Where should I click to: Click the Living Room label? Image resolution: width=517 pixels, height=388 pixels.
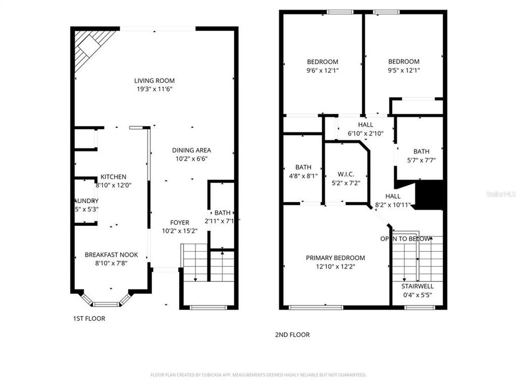click(x=154, y=85)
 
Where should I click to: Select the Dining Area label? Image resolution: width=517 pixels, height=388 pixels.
click(x=191, y=154)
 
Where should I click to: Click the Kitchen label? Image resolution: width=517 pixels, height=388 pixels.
click(x=114, y=181)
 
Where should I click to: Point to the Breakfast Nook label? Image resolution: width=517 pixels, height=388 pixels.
click(x=111, y=259)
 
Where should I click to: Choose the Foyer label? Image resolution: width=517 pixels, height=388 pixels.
click(x=179, y=226)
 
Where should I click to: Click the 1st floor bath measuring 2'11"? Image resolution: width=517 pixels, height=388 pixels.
click(x=221, y=217)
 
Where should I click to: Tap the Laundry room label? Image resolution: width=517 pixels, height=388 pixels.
click(x=86, y=205)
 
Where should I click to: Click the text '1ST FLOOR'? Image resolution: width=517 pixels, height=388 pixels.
click(x=89, y=318)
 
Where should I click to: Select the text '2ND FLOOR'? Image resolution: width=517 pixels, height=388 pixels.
click(x=292, y=335)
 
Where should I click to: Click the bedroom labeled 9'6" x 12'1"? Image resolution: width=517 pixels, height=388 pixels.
click(x=323, y=66)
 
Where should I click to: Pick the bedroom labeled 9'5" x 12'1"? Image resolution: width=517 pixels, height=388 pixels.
click(x=404, y=66)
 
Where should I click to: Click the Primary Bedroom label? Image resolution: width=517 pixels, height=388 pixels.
click(x=335, y=262)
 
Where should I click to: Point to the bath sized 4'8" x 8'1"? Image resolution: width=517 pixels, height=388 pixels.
click(x=303, y=171)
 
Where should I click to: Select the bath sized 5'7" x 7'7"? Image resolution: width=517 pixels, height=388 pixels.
click(x=421, y=155)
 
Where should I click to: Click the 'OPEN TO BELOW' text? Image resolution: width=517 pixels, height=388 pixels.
click(x=406, y=239)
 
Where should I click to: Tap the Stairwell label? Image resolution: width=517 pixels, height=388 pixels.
click(x=417, y=290)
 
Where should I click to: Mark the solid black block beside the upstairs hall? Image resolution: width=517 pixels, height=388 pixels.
click(x=430, y=195)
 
